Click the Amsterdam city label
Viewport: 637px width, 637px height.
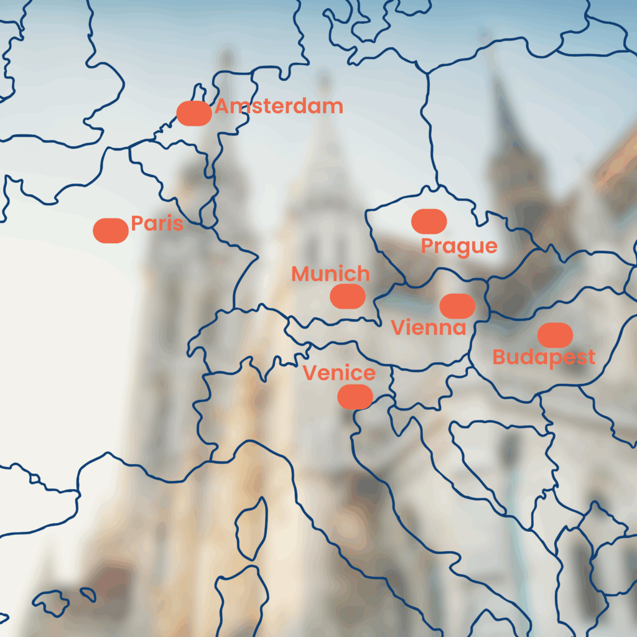[x=279, y=106]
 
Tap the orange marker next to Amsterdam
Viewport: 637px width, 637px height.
[x=194, y=113]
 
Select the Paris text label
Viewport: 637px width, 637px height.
[x=157, y=223]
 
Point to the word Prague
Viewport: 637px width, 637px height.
[x=459, y=246]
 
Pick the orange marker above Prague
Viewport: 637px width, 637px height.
[x=429, y=221]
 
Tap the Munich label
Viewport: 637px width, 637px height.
[x=330, y=274]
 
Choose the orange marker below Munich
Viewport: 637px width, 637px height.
[x=348, y=296]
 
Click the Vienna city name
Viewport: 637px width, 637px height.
[x=429, y=328]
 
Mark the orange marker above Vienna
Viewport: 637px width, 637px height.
[x=457, y=305]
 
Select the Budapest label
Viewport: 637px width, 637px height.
[x=544, y=358]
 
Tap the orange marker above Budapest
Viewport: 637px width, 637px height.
[x=555, y=335]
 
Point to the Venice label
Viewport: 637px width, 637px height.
[x=339, y=373]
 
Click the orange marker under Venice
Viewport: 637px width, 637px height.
[x=355, y=396]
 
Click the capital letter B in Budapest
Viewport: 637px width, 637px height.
[x=499, y=358]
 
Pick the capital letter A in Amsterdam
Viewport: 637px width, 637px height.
[x=222, y=106]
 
